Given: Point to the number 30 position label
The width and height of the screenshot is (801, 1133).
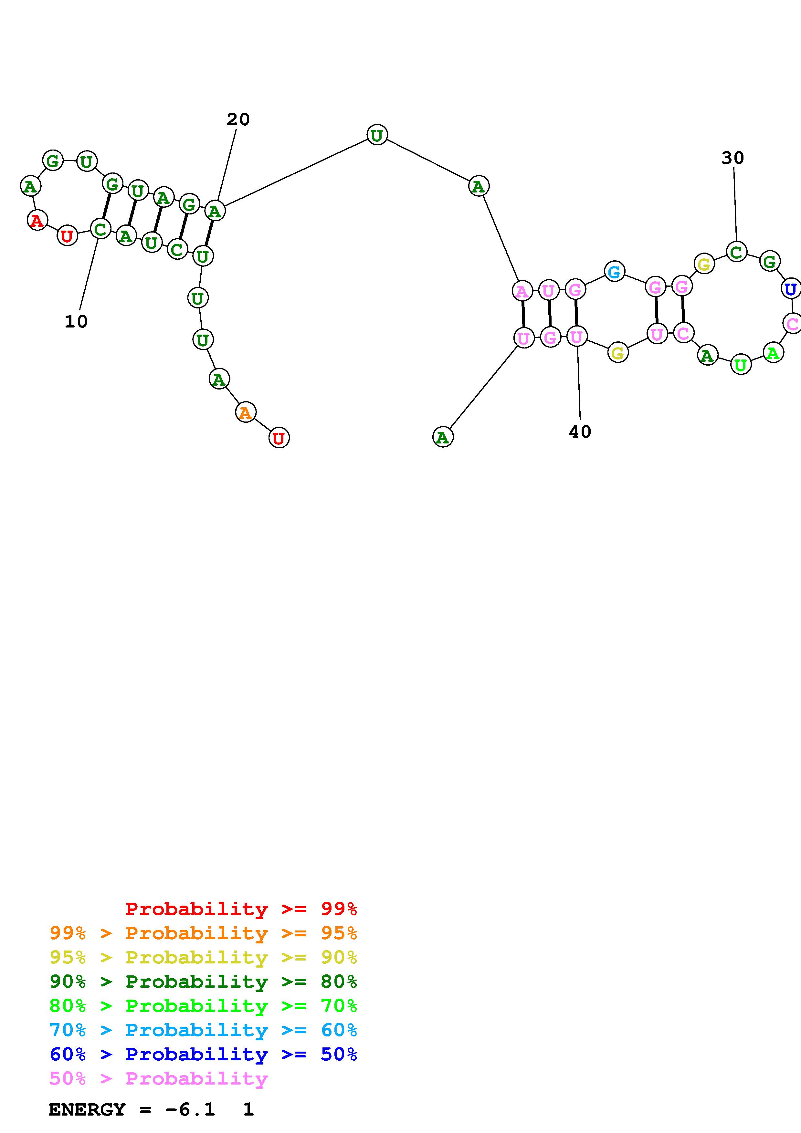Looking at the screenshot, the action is point(732,158).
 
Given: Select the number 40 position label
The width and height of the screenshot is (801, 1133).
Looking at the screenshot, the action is point(580,432).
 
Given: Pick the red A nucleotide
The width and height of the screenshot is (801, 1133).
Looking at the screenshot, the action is point(37,220).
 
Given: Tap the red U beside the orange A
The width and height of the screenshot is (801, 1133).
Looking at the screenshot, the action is point(279,438).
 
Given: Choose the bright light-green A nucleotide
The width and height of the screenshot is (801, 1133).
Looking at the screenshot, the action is point(773,352).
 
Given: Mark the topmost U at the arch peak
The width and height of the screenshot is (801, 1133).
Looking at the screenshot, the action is point(377,135).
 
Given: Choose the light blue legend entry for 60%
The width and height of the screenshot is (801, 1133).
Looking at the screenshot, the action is point(203,1030).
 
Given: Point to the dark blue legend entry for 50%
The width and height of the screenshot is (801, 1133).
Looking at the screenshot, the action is point(203,1054).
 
